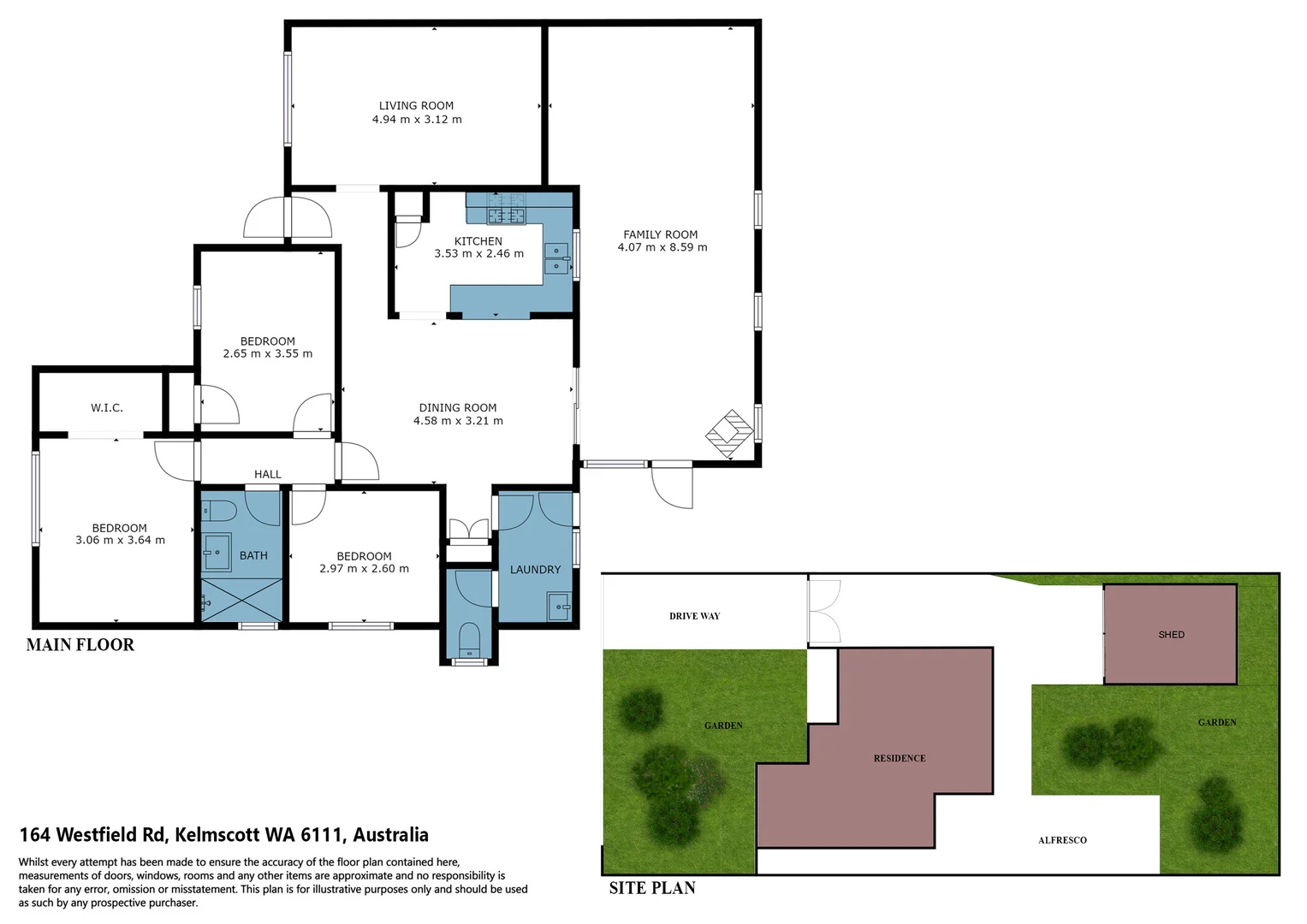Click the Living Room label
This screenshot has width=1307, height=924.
coord(416,106)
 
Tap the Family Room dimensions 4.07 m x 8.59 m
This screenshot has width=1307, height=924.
coord(662,248)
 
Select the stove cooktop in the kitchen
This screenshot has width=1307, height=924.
coord(506,215)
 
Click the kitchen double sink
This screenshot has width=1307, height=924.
coord(556,258)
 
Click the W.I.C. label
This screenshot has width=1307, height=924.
coord(107,408)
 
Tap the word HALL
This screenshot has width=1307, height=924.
coord(267,474)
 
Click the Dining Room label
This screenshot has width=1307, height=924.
coord(458,408)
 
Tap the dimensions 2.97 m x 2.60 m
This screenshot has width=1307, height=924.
coord(364,569)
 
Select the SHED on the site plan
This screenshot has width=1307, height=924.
coord(1170,634)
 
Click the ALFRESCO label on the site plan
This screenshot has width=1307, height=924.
coord(1061,840)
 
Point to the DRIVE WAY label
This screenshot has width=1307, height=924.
coord(694,616)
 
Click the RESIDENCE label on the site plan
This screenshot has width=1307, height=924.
coord(899,758)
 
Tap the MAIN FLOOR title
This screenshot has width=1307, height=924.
coord(80,645)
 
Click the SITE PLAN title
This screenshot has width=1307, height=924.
coord(651,888)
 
